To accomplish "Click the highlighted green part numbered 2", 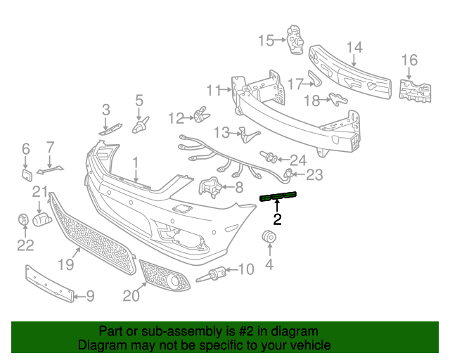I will click(x=278, y=196).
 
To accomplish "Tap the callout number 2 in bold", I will click(x=277, y=219).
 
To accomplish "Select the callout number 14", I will click(x=354, y=48).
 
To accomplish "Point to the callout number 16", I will click(x=409, y=60).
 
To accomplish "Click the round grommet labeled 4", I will click(x=269, y=239).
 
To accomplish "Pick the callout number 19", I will click(x=65, y=264).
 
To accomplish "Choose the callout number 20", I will click(x=131, y=296).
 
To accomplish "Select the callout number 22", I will click(x=25, y=245).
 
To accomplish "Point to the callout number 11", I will click(x=214, y=89).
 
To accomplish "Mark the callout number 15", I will click(x=265, y=40).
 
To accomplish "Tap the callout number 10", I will click(x=246, y=269).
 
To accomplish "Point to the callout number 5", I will click(x=139, y=101).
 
